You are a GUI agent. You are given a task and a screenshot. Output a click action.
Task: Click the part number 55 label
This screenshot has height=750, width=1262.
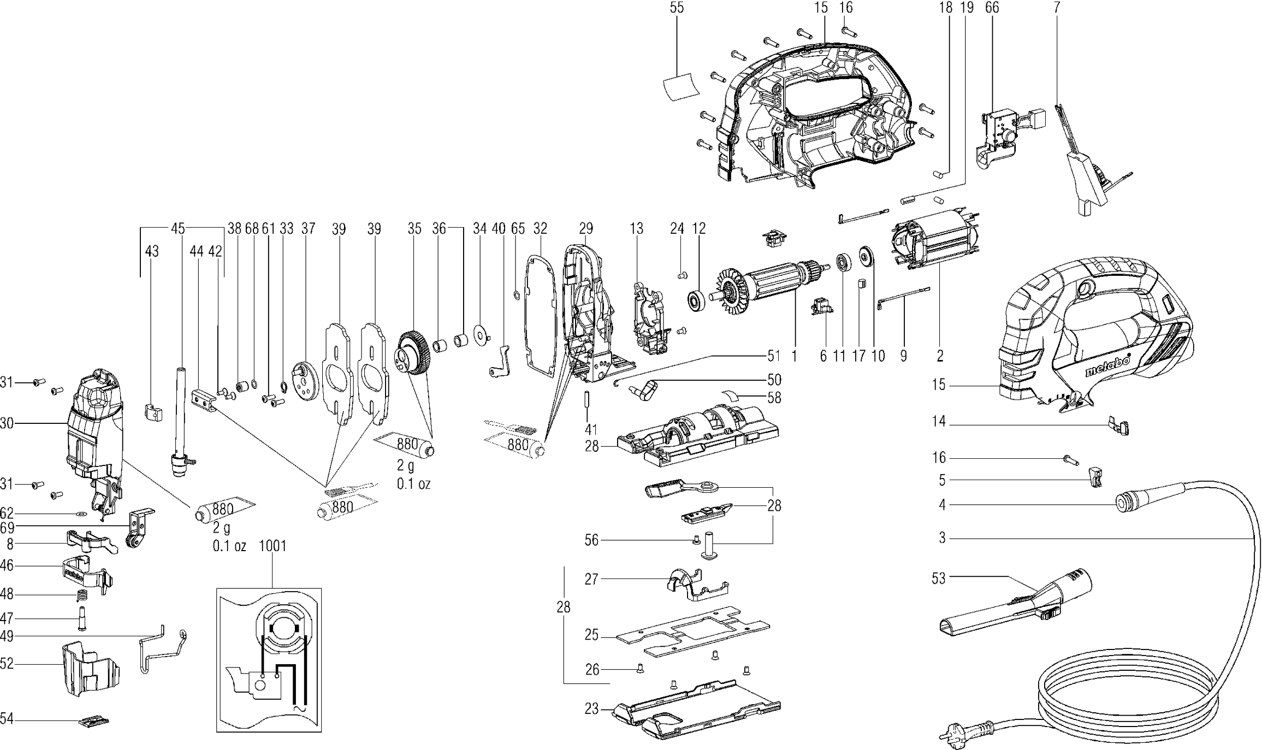coord(677,8)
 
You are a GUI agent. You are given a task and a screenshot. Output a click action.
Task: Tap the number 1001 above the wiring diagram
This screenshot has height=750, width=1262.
coord(272,546)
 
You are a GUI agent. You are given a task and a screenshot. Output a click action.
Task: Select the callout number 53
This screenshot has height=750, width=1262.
coord(938,578)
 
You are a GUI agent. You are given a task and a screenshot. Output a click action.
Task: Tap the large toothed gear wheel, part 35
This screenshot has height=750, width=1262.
coord(414,352)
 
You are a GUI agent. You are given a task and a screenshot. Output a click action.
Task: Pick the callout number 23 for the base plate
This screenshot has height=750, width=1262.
coord(592,709)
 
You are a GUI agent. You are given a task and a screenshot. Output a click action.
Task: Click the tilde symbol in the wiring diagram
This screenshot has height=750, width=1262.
coord(299,708)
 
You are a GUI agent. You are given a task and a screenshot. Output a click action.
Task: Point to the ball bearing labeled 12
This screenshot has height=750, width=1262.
coord(697,300)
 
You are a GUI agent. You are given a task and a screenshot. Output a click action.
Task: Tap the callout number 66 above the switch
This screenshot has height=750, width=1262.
coord(992,8)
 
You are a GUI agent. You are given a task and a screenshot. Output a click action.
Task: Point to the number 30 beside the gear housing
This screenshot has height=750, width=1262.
coord(7,423)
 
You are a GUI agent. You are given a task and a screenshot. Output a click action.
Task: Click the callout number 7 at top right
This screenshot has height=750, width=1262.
coord(1057,8)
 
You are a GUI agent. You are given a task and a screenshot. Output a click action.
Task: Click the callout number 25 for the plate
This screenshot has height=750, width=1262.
coord(592,635)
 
